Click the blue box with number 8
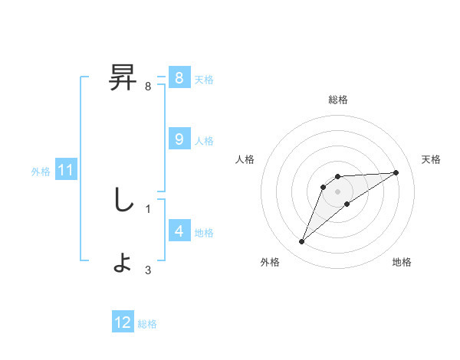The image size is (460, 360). coord(179,77)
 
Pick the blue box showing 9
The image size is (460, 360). coord(179,139)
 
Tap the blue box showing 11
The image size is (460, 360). coord(65,170)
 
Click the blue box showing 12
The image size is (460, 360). coord(123,322)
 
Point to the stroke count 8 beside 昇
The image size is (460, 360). coord(147,87)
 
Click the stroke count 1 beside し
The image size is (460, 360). coord(147,208)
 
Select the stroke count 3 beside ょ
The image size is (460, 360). coord(147,270)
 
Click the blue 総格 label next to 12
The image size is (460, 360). coord(147,324)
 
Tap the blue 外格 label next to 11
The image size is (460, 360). coord(41,172)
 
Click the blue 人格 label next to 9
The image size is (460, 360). coord(204,140)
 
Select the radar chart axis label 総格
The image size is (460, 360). coord(338,100)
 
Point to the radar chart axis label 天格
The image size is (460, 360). coord(432,159)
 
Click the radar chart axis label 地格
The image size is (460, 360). coord(402,262)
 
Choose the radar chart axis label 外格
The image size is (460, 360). coord(270,262)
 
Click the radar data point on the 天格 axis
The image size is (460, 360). coord(396,172)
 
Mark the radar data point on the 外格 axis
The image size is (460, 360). coord(302,242)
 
